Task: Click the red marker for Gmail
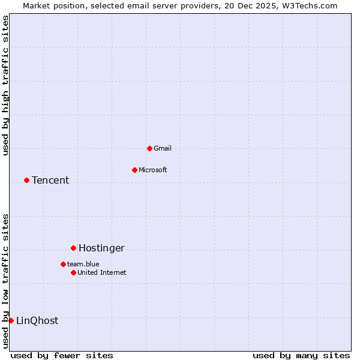pyautogui.click(x=149, y=148)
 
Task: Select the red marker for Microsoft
pyautogui.click(x=134, y=170)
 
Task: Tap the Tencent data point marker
pyautogui.click(x=26, y=180)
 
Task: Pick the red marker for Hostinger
pyautogui.click(x=73, y=248)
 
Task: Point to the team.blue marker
pyautogui.click(x=63, y=264)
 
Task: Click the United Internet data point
pyautogui.click(x=73, y=272)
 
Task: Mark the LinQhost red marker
pyautogui.click(x=11, y=320)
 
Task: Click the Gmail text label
pyautogui.click(x=163, y=148)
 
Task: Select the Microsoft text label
pyautogui.click(x=153, y=170)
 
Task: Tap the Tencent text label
pyautogui.click(x=50, y=180)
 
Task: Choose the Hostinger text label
pyautogui.click(x=101, y=248)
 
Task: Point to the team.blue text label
pyautogui.click(x=83, y=264)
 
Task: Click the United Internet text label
pyautogui.click(x=102, y=272)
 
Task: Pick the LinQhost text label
pyautogui.click(x=37, y=320)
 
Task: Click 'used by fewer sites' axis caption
pyautogui.click(x=62, y=355)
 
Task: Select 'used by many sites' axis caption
pyautogui.click(x=301, y=355)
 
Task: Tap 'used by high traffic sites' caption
pyautogui.click(x=5, y=86)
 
